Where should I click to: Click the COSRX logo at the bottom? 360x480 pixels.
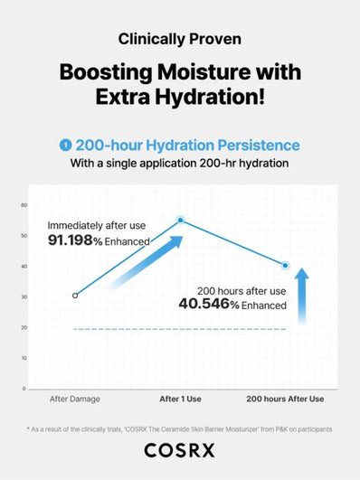(x=179, y=457)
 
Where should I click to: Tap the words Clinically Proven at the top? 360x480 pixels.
(x=179, y=39)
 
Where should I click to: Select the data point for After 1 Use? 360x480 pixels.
(x=181, y=220)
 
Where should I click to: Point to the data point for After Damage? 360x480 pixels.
(x=75, y=295)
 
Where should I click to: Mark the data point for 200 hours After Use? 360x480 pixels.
(x=286, y=266)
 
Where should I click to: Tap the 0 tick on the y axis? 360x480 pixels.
(x=24, y=389)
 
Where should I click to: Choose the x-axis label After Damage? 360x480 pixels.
(x=75, y=399)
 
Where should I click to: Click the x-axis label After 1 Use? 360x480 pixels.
(x=181, y=399)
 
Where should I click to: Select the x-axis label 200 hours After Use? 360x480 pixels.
(x=286, y=399)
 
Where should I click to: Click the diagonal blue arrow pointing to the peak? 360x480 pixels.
(x=145, y=264)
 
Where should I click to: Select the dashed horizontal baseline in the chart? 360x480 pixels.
(x=181, y=329)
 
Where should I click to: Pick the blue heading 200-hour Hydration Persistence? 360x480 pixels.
(x=187, y=145)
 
